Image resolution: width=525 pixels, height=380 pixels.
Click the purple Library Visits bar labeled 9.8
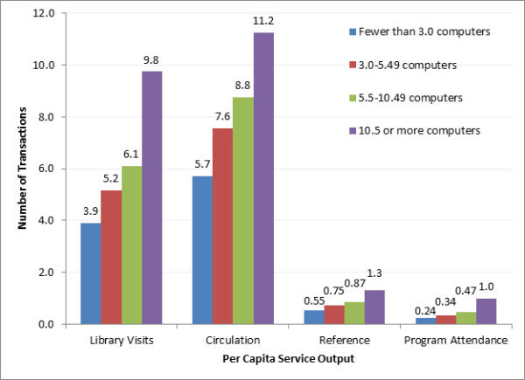pos(152,197)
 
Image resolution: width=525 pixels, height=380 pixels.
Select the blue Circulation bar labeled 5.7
pos(202,250)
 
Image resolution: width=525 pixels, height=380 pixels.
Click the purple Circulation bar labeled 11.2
pos(263,178)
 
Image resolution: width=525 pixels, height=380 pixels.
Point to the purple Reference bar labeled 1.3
pos(374,307)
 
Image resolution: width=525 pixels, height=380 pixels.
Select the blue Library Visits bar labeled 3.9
pos(90,273)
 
